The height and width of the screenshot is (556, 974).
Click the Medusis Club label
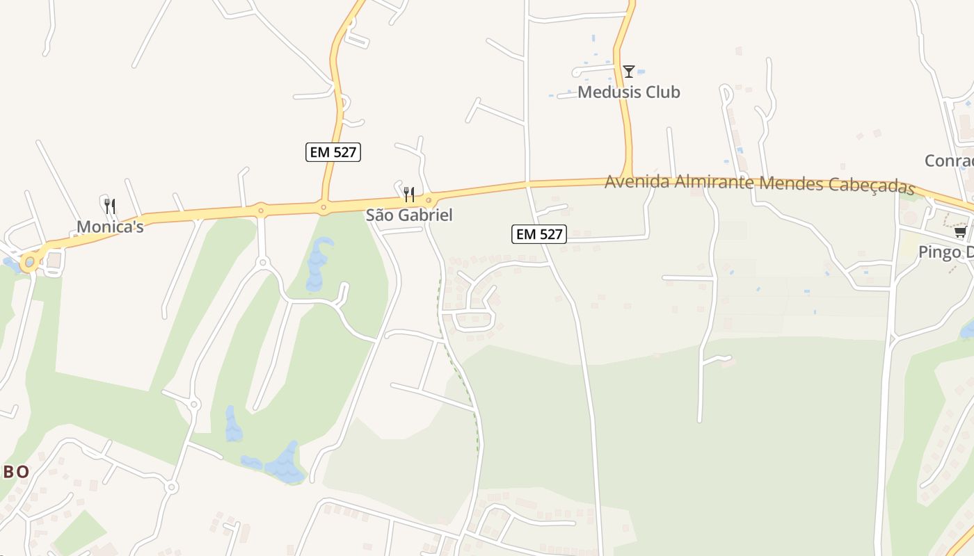[x=628, y=92]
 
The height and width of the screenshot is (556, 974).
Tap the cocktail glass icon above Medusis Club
[x=629, y=71]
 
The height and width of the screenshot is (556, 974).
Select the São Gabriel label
[x=409, y=215]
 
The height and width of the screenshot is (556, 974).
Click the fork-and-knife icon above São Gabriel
[x=409, y=195]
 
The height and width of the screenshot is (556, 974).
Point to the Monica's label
[x=110, y=227]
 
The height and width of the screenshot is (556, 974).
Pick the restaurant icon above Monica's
[x=110, y=206]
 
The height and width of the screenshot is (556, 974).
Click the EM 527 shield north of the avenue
[x=333, y=152]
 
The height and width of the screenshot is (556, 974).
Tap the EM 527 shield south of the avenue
[x=539, y=234]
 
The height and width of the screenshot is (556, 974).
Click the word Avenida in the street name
[x=637, y=181]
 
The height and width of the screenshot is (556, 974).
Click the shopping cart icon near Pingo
[x=961, y=231]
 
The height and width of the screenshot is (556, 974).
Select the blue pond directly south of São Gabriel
[x=317, y=264]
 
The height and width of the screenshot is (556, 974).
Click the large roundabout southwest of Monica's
[x=29, y=262]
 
